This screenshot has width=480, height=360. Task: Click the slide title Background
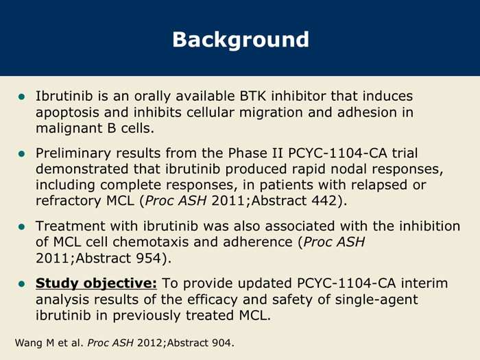click(241, 40)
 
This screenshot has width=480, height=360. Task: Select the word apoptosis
click(67, 113)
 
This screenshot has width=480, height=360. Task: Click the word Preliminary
click(73, 154)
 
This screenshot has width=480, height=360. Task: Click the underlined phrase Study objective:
click(96, 283)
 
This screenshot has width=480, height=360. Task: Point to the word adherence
click(258, 242)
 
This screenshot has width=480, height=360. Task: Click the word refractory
click(69, 202)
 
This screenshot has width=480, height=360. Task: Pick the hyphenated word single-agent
click(376, 300)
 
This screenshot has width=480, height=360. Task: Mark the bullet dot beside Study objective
click(22, 284)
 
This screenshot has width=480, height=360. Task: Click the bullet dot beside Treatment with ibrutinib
click(22, 227)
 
